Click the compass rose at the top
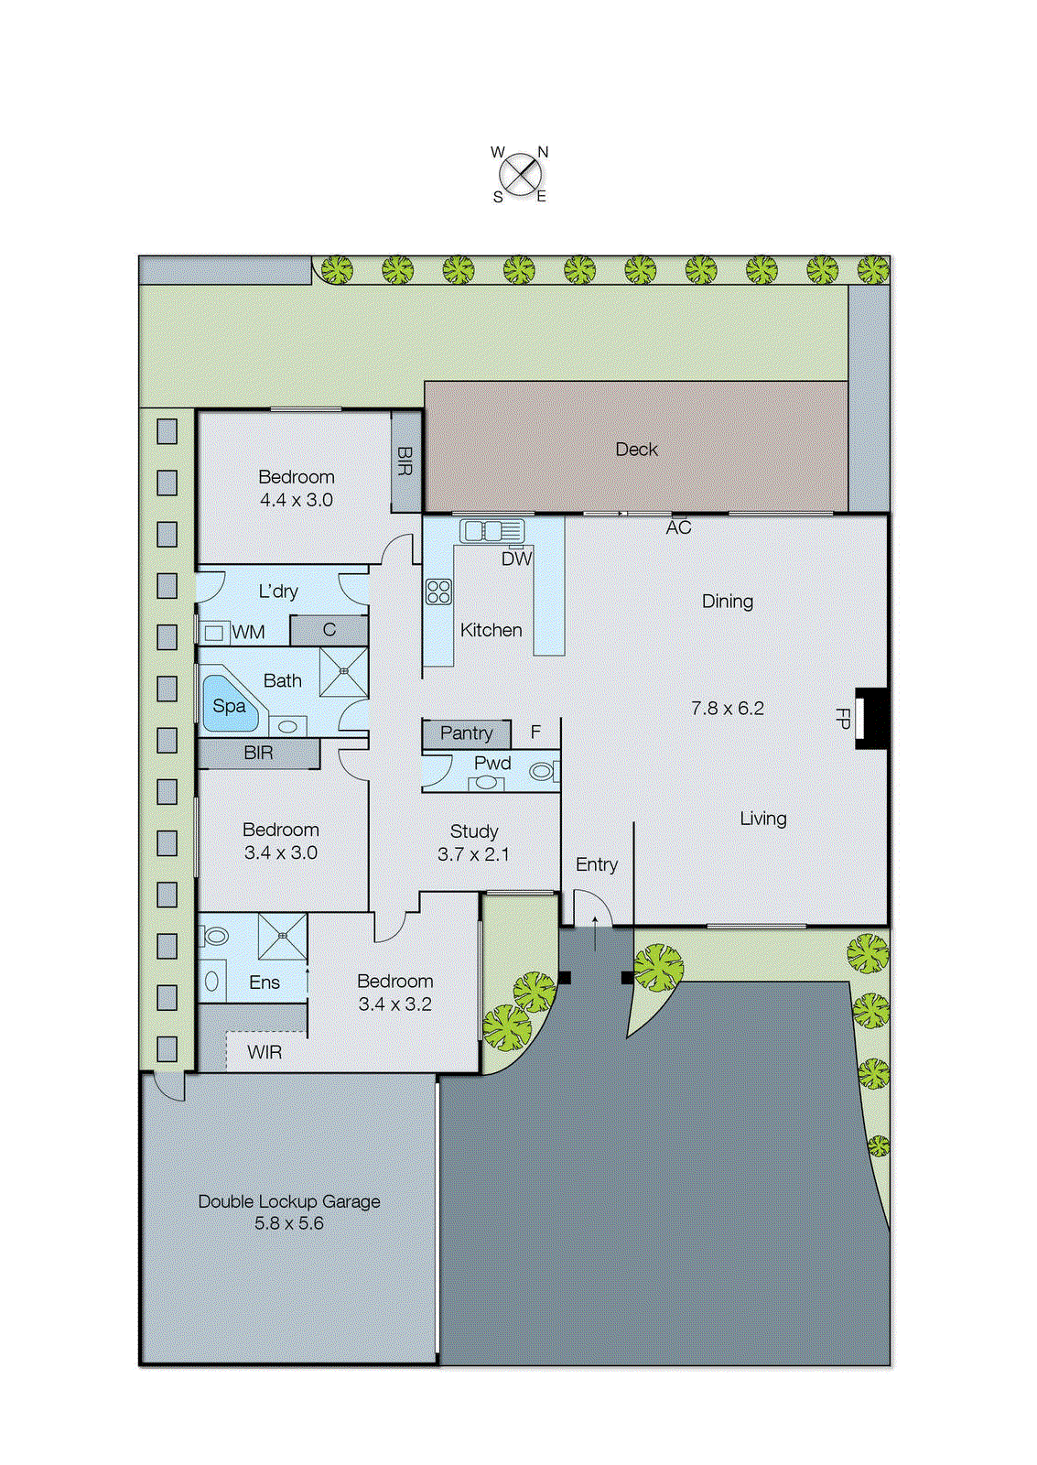pos(520,174)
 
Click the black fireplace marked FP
pos(871,719)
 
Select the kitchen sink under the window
pos(492,530)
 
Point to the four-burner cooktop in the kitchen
pos(438,591)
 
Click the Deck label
pos(636,450)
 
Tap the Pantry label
pos(466,732)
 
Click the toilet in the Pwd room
pos(543,771)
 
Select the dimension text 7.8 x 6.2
pos(727,708)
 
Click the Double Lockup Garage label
pos(289,1201)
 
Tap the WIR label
pos(265,1052)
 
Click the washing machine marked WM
pos(215,632)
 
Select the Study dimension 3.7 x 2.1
pos(473,854)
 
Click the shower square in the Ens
pos(283,936)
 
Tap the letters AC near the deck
pos(678,527)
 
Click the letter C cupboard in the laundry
pos(329,630)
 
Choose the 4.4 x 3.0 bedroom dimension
pos(296,500)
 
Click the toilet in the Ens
pos(215,936)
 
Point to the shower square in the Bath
pos(344,672)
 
